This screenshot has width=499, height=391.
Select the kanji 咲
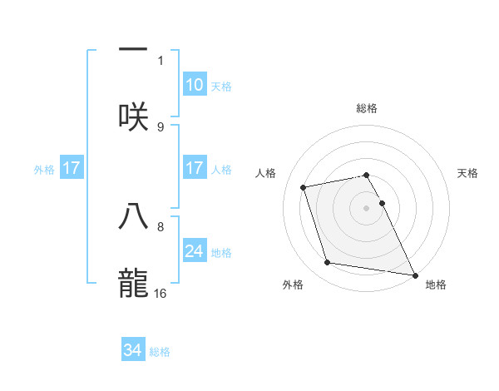point(133,116)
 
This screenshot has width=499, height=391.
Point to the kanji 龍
point(133,280)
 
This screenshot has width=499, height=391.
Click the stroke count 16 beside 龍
point(161,293)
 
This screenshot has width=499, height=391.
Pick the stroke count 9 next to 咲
point(161,126)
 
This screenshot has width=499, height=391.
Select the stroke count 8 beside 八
point(161,225)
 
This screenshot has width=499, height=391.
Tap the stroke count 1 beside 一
point(161,61)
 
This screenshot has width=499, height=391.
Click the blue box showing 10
point(194,85)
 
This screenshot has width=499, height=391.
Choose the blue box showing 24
point(194,250)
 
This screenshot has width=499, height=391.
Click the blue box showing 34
point(133,350)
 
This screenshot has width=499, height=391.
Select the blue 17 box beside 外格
point(72,168)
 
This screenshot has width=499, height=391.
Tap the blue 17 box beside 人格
point(194,168)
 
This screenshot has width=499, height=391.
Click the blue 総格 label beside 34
point(160,352)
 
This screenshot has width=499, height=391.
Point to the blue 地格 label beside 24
point(221,252)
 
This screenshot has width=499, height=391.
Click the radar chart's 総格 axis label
point(367,108)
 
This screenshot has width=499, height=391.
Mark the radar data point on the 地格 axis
point(413,274)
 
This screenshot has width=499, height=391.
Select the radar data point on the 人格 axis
point(304,186)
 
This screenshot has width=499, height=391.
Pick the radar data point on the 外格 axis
point(328,263)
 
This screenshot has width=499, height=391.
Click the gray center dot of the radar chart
point(367,207)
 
